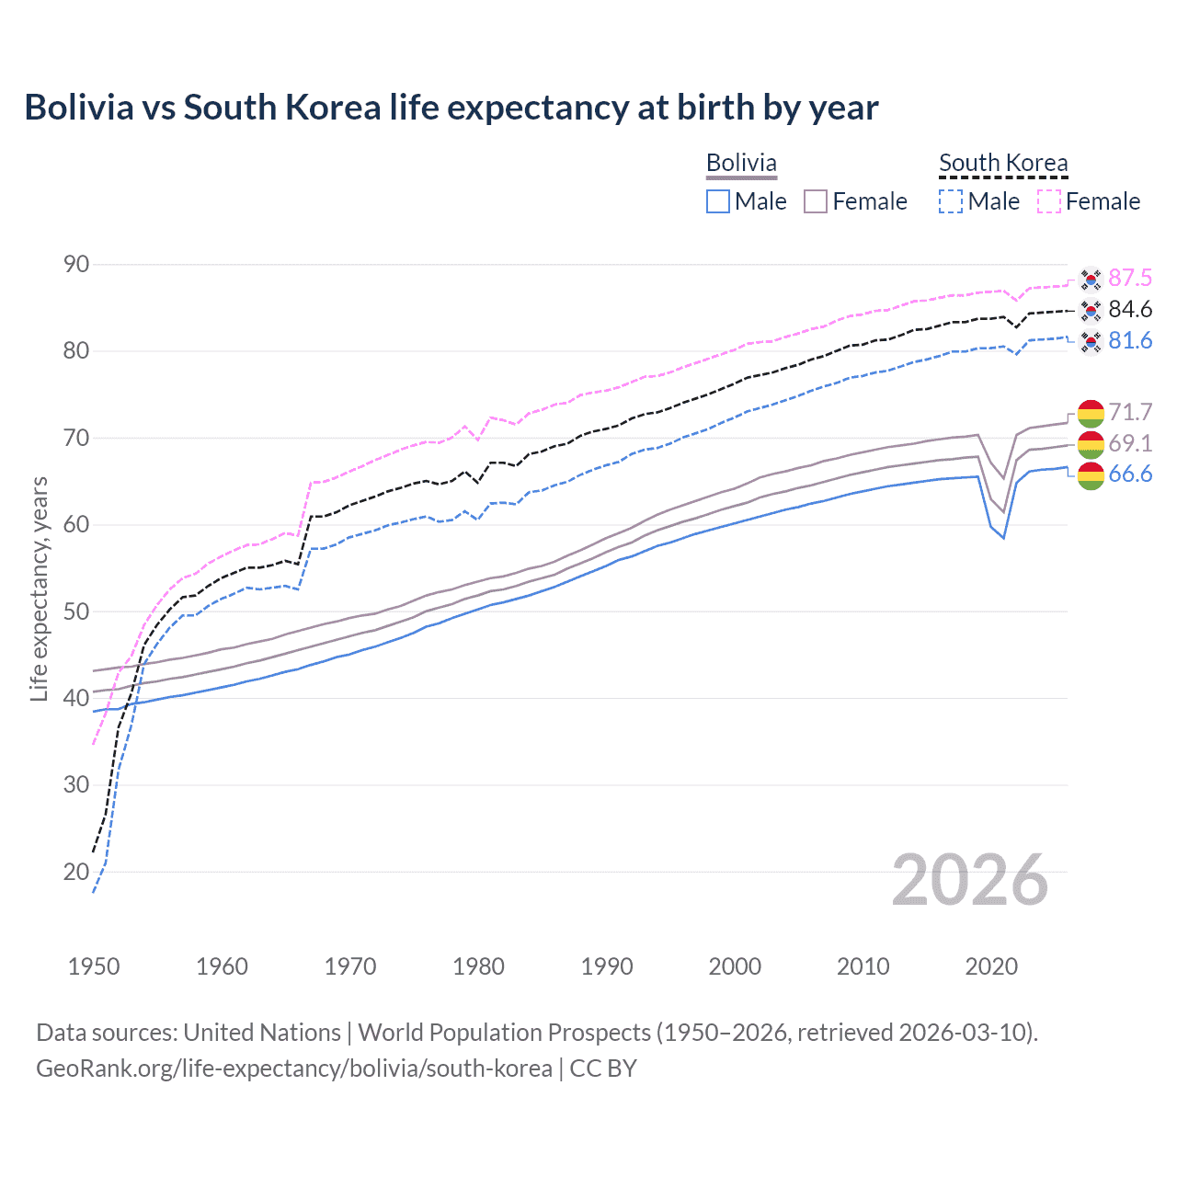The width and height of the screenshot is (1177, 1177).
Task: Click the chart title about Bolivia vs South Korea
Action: (x=451, y=108)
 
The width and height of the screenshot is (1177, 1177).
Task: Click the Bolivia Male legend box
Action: (x=718, y=201)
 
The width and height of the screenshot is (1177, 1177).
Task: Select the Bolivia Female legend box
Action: (x=816, y=201)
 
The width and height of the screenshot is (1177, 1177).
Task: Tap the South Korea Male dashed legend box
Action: (x=951, y=201)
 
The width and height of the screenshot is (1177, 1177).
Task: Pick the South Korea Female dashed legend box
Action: (x=1049, y=201)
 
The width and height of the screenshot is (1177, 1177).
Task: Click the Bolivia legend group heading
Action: (x=741, y=163)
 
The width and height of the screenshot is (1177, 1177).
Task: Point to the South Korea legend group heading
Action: (x=1003, y=163)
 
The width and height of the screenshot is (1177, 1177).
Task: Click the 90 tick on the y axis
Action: (x=76, y=265)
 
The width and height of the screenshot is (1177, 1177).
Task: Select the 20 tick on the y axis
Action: (x=76, y=872)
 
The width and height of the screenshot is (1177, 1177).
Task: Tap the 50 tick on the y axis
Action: (x=76, y=611)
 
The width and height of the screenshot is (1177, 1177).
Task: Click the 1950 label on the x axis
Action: (x=94, y=966)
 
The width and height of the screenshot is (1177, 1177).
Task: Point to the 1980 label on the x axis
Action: (x=478, y=966)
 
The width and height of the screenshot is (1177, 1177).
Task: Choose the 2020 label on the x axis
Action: (x=991, y=966)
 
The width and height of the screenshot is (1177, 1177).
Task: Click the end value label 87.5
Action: (x=1130, y=279)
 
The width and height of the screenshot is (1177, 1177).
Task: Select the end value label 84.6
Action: (x=1130, y=310)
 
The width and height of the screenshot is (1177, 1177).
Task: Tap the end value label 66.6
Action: (x=1130, y=474)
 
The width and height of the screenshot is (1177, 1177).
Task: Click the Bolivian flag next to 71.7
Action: (x=1091, y=413)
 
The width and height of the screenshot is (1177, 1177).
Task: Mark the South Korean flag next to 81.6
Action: (x=1091, y=342)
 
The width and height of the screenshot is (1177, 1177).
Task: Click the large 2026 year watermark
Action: (x=970, y=881)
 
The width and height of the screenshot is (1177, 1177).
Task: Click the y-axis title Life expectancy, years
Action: (x=40, y=588)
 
